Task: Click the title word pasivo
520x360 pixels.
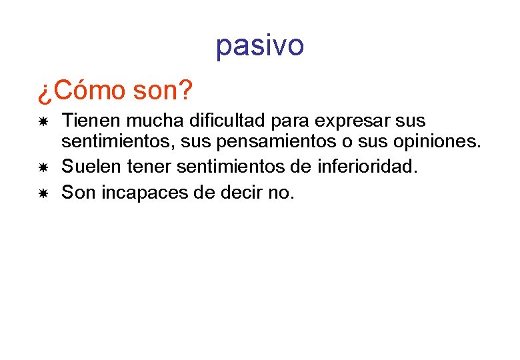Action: point(260,45)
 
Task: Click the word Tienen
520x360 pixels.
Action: point(89,121)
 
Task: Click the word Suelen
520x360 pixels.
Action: point(87,167)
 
